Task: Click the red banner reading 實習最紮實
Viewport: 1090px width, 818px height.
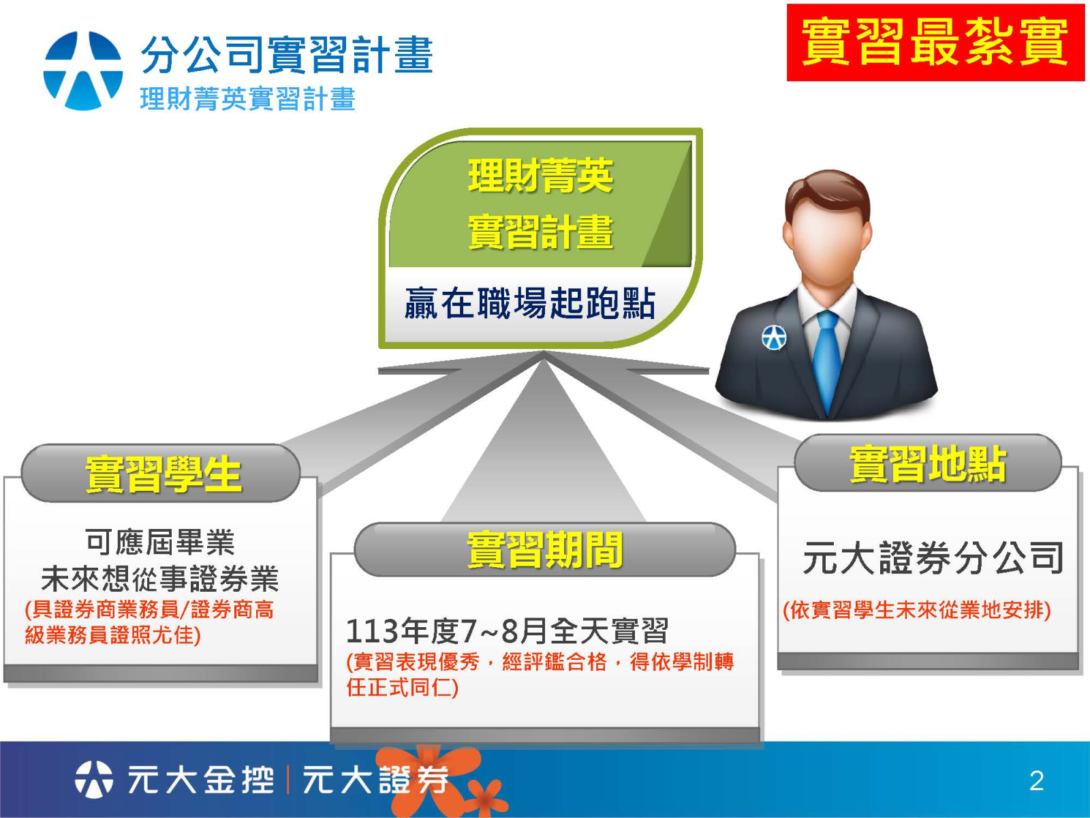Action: pos(935,42)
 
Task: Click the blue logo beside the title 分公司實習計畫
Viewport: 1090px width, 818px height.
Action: pos(83,70)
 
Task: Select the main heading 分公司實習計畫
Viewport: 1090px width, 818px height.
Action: pos(287,55)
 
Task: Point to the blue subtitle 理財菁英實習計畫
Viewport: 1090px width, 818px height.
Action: pos(248,98)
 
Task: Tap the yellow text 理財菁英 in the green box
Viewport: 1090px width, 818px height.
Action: pos(540,176)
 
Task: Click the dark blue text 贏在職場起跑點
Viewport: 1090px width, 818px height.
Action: pos(530,303)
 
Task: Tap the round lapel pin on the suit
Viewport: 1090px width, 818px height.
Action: pos(774,337)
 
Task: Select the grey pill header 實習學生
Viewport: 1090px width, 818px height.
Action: pos(161,473)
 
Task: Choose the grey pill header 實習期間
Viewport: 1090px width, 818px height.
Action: pos(545,549)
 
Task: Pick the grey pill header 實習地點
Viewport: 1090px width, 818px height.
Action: pos(928,464)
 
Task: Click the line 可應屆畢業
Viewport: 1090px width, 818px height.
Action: pos(160,542)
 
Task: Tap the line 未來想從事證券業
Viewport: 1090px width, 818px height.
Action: pos(160,579)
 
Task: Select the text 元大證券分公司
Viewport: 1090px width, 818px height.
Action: pos(933,558)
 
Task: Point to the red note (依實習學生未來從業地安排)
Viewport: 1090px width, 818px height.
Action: pos(917,610)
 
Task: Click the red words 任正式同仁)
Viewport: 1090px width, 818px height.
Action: pos(402,688)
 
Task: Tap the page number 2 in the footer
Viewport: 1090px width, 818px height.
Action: pos(1036,781)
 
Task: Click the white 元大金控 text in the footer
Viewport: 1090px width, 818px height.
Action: pos(200,780)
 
